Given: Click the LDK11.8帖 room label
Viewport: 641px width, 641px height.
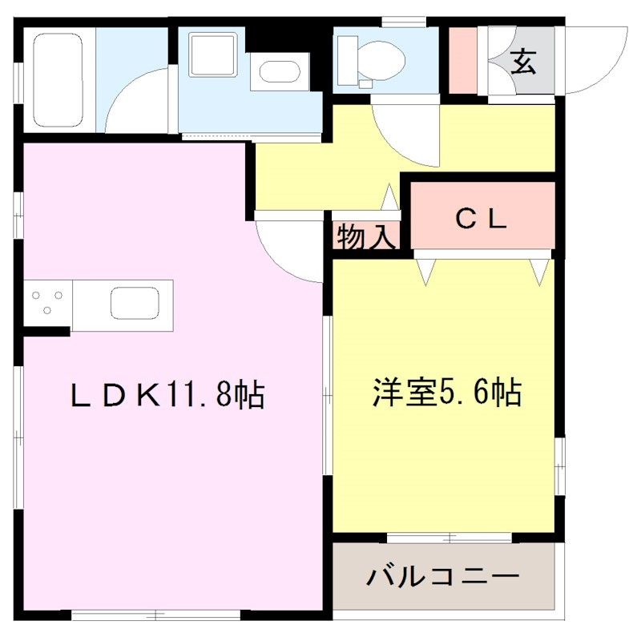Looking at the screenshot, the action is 167,394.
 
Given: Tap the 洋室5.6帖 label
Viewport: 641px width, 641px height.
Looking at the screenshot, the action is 447,393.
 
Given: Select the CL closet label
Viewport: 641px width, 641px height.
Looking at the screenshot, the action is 482,219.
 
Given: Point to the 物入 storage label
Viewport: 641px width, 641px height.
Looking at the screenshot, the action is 367,236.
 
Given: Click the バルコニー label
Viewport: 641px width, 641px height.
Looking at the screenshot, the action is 442,576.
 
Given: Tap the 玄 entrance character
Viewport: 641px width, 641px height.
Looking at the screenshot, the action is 523,62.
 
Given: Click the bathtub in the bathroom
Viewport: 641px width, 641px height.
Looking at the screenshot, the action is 58,80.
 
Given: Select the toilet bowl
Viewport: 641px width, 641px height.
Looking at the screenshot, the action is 381,61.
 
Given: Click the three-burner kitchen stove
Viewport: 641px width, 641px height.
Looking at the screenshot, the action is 48,303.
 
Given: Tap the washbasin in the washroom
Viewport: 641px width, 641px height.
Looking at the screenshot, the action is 280,72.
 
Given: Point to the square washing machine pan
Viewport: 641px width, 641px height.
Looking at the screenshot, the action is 212,54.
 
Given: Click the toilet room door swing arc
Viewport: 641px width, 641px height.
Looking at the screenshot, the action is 405,135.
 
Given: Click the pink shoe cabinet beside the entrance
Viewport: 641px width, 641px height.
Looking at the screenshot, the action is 463,61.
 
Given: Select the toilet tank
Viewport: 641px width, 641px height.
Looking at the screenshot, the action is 348,61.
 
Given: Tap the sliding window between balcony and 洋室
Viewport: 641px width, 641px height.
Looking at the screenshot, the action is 449,537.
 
